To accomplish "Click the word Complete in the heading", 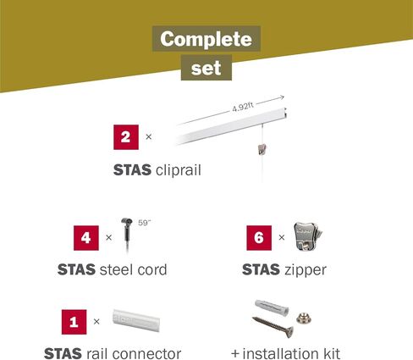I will pyautogui.click(x=206, y=39).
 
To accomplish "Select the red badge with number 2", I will pyautogui.click(x=126, y=136).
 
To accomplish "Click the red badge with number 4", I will pyautogui.click(x=87, y=237).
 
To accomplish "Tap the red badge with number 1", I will pyautogui.click(x=74, y=321).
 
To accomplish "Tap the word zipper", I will pyautogui.click(x=306, y=271).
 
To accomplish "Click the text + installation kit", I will pyautogui.click(x=285, y=352).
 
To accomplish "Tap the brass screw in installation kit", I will pyautogui.click(x=271, y=325).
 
